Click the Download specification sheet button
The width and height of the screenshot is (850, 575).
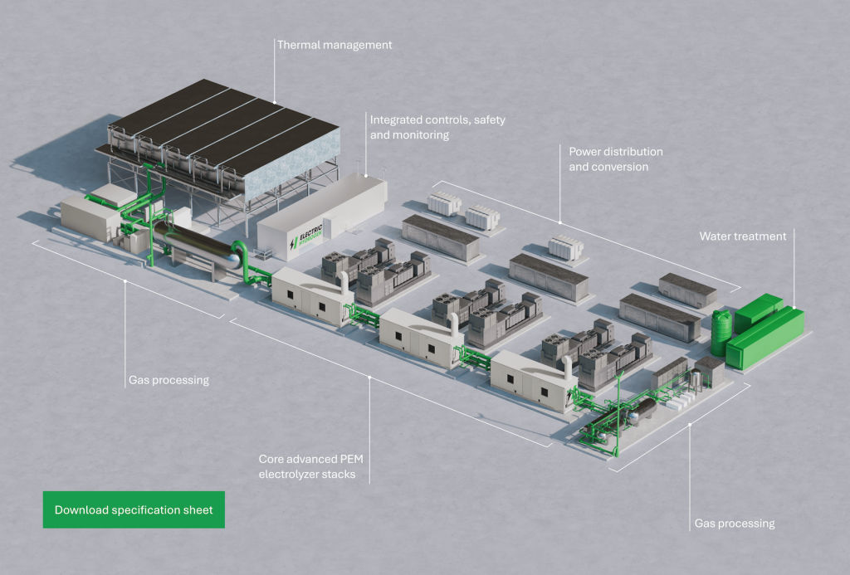[x=134, y=509]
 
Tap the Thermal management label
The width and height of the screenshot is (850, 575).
[x=335, y=45]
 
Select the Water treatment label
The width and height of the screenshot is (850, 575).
[x=742, y=236]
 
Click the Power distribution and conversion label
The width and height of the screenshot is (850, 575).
[x=615, y=159]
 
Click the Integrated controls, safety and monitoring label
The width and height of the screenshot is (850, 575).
[x=437, y=127]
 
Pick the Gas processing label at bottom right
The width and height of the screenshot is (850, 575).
[x=734, y=524]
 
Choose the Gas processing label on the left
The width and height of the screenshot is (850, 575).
[x=169, y=381]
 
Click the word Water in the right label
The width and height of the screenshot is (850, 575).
[x=715, y=236]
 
